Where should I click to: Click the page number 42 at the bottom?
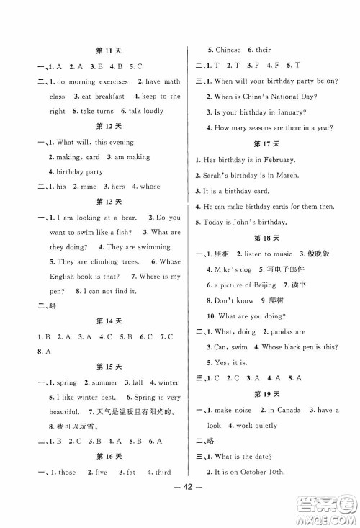(x=180, y=501)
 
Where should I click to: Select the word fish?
(x=124, y=232)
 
